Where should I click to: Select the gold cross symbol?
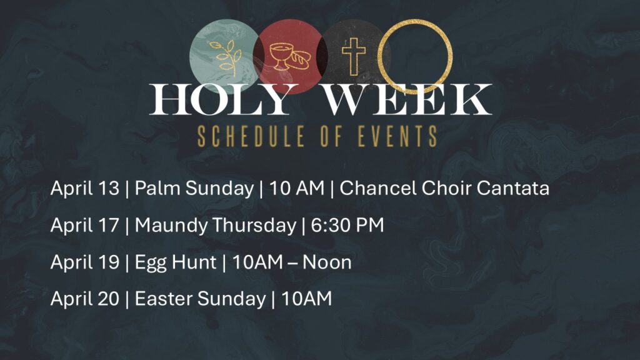354,57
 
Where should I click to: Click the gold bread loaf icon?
301,59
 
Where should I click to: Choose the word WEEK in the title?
407,99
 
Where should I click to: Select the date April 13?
85,188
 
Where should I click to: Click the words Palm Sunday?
194,189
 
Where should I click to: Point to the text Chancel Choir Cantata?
444,188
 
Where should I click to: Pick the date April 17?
85,225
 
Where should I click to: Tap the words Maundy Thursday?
216,225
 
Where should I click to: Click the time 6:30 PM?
347,225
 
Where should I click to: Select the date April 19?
85,262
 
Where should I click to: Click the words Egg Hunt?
176,262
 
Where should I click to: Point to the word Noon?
327,262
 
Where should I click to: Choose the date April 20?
85,298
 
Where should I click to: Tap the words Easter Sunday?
201,299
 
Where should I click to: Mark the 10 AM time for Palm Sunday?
297,188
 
